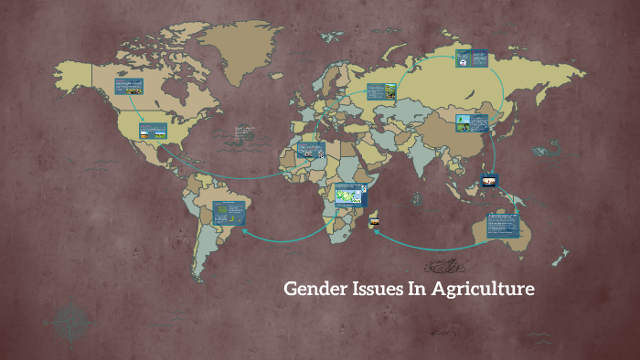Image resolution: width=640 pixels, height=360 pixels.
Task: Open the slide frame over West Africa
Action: pos(310,151)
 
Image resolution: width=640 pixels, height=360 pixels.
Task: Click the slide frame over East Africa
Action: pos(350,195)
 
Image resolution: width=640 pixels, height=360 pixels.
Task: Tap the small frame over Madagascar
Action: pos(374,222)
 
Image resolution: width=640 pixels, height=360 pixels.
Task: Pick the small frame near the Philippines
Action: pos(489,181)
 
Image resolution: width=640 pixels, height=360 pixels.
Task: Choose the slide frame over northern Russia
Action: pos(472,59)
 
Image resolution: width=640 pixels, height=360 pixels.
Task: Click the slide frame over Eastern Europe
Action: pos(381,91)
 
